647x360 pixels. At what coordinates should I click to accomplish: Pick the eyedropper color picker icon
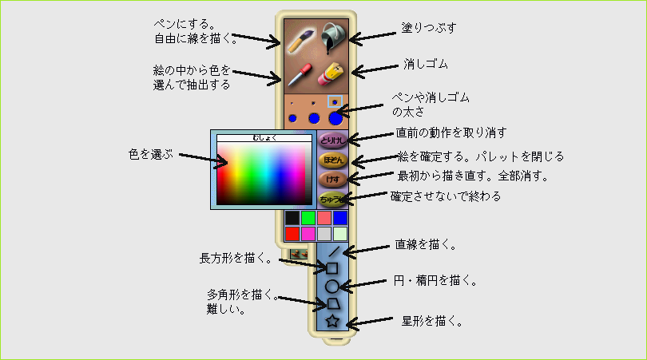point(300,74)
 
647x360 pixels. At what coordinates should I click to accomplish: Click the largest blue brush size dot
point(335,119)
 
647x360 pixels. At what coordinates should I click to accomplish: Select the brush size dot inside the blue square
point(335,102)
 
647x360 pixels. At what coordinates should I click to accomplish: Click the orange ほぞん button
point(332,160)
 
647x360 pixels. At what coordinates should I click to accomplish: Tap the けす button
point(332,180)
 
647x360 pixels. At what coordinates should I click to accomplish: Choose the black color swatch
point(292,218)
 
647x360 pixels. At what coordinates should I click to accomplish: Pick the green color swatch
point(308,218)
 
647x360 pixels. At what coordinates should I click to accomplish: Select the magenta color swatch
point(308,234)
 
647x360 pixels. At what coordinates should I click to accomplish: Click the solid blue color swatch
point(340,218)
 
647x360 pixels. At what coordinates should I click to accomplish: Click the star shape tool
point(332,320)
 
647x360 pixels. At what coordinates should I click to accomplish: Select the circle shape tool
point(331,287)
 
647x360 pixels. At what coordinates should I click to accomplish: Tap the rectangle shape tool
point(332,268)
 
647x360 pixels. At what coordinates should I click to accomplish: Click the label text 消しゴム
point(426,64)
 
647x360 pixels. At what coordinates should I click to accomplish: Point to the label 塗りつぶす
point(429,28)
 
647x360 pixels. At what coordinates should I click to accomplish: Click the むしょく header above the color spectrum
point(264,138)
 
